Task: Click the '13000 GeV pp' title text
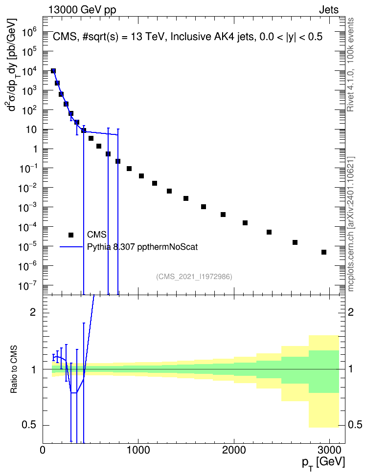(x=82, y=10)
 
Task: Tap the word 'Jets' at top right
(x=329, y=10)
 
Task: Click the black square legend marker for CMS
(x=71, y=235)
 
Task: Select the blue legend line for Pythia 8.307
(x=71, y=247)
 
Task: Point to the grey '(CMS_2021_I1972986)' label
(x=194, y=277)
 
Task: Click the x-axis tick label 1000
(x=138, y=450)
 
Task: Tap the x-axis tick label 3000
(x=330, y=450)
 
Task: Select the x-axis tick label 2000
(x=234, y=450)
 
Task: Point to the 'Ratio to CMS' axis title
(x=14, y=369)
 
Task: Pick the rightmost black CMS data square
(x=324, y=252)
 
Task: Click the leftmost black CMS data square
(x=53, y=71)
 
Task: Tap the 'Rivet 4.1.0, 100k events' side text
(x=350, y=65)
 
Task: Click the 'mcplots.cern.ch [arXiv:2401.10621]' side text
(x=351, y=224)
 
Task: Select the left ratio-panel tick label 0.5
(x=29, y=425)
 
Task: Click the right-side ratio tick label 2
(x=351, y=312)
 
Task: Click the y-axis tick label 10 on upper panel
(x=31, y=130)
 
